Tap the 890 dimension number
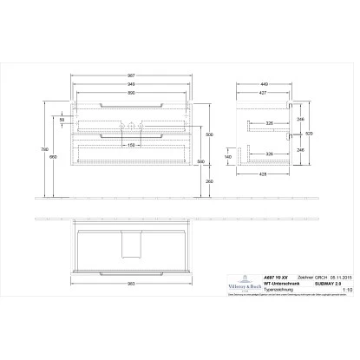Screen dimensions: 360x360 tap(131, 93)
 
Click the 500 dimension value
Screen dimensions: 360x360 tap(208, 135)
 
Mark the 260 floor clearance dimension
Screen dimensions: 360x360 tap(208, 180)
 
